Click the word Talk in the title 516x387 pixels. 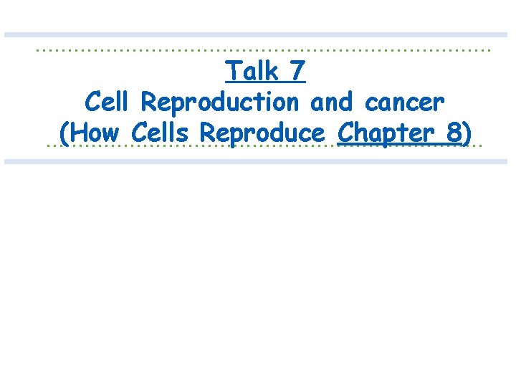(252, 72)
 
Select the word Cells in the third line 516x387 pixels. (163, 133)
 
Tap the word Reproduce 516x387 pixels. (262, 134)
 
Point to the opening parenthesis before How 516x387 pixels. (64, 134)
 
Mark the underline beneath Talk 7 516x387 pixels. (265, 82)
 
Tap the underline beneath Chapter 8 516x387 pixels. (401, 145)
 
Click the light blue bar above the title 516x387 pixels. (258, 34)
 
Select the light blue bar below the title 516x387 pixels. (258, 162)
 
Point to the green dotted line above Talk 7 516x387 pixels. (143, 51)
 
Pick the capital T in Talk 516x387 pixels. (231, 72)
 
